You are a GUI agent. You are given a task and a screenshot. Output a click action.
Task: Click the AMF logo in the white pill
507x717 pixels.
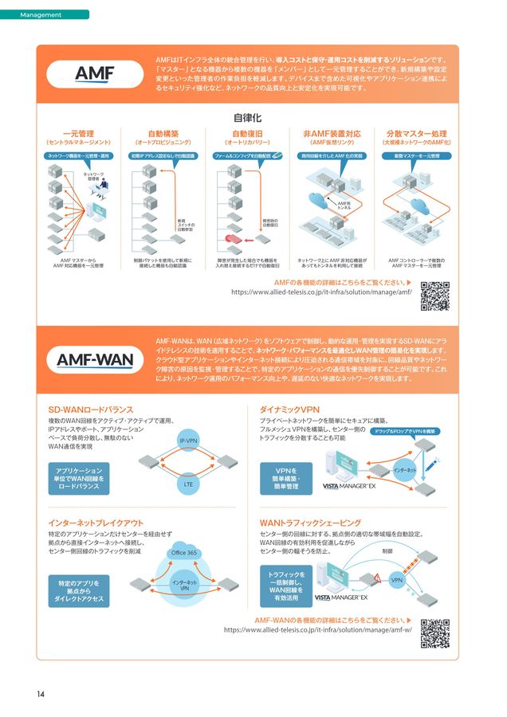click(x=95, y=74)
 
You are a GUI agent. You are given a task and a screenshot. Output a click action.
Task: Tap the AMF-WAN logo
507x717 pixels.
click(x=95, y=359)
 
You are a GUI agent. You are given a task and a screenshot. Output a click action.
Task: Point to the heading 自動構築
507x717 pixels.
click(x=163, y=133)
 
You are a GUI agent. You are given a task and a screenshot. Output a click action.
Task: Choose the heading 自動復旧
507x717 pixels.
click(x=247, y=133)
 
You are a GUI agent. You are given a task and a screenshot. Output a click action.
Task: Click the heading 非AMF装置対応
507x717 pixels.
click(x=332, y=133)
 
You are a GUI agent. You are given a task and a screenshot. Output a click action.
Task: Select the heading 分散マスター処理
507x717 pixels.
click(x=416, y=133)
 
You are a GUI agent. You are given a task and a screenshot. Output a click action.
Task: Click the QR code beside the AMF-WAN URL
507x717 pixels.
click(x=435, y=633)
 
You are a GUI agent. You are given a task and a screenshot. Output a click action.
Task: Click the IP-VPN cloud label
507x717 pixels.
click(x=188, y=441)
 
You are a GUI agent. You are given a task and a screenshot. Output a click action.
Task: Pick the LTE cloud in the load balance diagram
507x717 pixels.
click(x=188, y=483)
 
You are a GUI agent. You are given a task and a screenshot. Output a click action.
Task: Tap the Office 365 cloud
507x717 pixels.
click(x=184, y=552)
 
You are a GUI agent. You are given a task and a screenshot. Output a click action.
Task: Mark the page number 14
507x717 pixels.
click(x=40, y=693)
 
